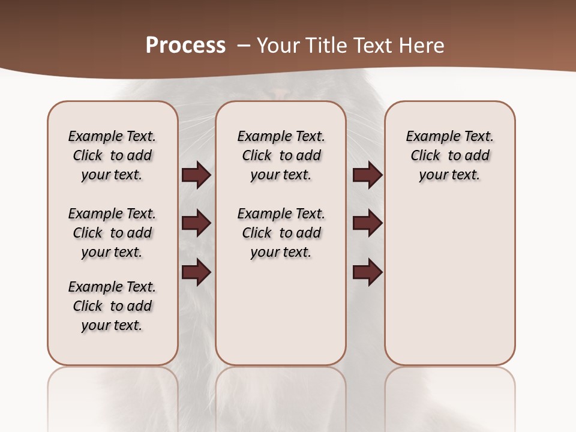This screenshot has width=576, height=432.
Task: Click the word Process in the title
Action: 185,45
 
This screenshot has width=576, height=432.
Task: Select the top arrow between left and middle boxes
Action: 196,175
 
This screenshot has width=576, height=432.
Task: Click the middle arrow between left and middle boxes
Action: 196,223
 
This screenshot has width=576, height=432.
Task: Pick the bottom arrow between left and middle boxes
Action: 196,272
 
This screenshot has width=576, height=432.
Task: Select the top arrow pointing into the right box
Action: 367,175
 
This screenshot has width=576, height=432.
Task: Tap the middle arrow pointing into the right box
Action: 367,223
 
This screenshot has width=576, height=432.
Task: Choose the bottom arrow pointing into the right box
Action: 367,272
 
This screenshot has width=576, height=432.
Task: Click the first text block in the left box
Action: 112,155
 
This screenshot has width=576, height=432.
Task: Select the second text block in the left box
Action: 112,233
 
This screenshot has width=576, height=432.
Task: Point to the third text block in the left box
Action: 112,306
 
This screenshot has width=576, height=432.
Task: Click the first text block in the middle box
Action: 281,155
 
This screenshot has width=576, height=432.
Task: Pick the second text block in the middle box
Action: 281,233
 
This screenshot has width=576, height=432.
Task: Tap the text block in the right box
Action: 449,155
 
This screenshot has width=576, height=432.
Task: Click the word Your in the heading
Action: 278,45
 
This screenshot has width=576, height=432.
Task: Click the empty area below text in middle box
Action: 281,312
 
